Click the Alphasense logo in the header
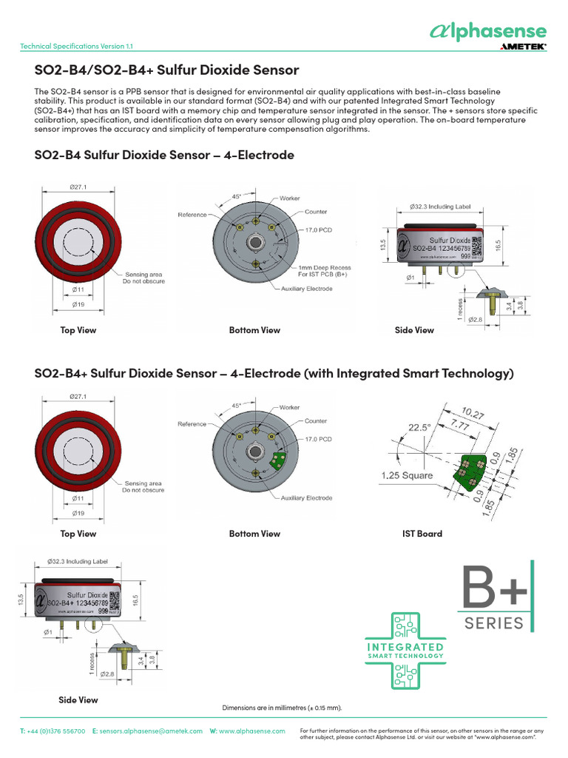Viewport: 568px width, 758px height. click(488, 31)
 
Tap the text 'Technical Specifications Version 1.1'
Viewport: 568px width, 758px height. click(77, 46)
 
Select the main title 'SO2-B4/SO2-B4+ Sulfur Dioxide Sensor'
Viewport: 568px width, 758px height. click(167, 70)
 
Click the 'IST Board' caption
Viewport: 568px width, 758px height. click(422, 534)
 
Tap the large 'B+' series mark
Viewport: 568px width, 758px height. click(495, 587)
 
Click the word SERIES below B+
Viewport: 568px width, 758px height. click(494, 623)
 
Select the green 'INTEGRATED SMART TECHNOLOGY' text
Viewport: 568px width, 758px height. click(405, 651)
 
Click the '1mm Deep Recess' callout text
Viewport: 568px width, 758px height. click(324, 267)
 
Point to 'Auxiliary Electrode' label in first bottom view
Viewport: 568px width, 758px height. click(306, 289)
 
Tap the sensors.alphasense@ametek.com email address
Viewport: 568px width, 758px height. click(151, 731)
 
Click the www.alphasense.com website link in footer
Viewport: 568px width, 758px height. click(251, 731)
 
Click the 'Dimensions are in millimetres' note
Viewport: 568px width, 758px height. click(283, 708)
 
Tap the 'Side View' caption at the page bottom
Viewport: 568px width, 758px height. click(78, 700)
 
